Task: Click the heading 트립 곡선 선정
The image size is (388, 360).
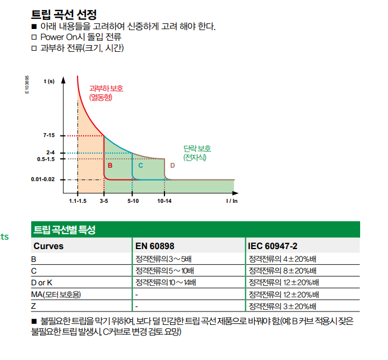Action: (64, 14)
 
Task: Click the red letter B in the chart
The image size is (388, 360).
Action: (110, 166)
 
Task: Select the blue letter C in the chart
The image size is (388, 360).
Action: (140, 166)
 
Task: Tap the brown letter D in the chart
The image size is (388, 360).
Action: (172, 166)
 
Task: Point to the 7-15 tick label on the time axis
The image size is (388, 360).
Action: (48, 135)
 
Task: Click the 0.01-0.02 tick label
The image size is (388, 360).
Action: (43, 179)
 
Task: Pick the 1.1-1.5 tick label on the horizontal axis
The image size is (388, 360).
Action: (77, 201)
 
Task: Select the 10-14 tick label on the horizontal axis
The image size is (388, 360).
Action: (164, 201)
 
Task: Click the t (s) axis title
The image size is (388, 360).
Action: (49, 81)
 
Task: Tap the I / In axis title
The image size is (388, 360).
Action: (232, 201)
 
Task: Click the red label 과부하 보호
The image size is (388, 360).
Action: (106, 89)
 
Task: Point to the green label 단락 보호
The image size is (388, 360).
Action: (197, 148)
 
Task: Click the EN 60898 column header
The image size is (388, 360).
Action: (154, 246)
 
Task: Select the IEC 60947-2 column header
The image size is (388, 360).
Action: (273, 246)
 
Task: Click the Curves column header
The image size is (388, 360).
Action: (48, 246)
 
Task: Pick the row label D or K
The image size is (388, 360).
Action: (42, 283)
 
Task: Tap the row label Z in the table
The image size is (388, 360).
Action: (33, 306)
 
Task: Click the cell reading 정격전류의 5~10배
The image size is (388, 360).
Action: (164, 271)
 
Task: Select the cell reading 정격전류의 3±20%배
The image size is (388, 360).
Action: (282, 307)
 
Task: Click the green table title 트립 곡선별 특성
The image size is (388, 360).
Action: (64, 230)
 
